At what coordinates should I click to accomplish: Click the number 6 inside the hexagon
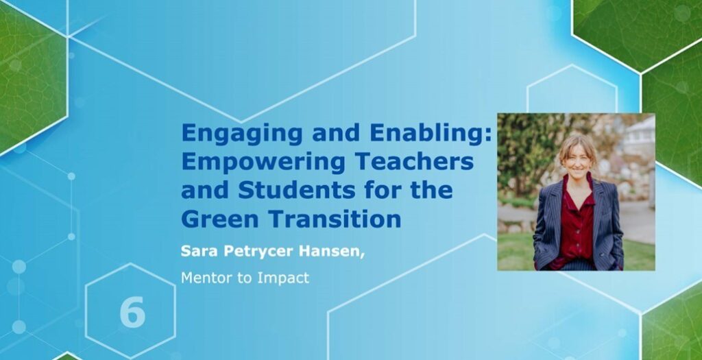coord(132,312)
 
